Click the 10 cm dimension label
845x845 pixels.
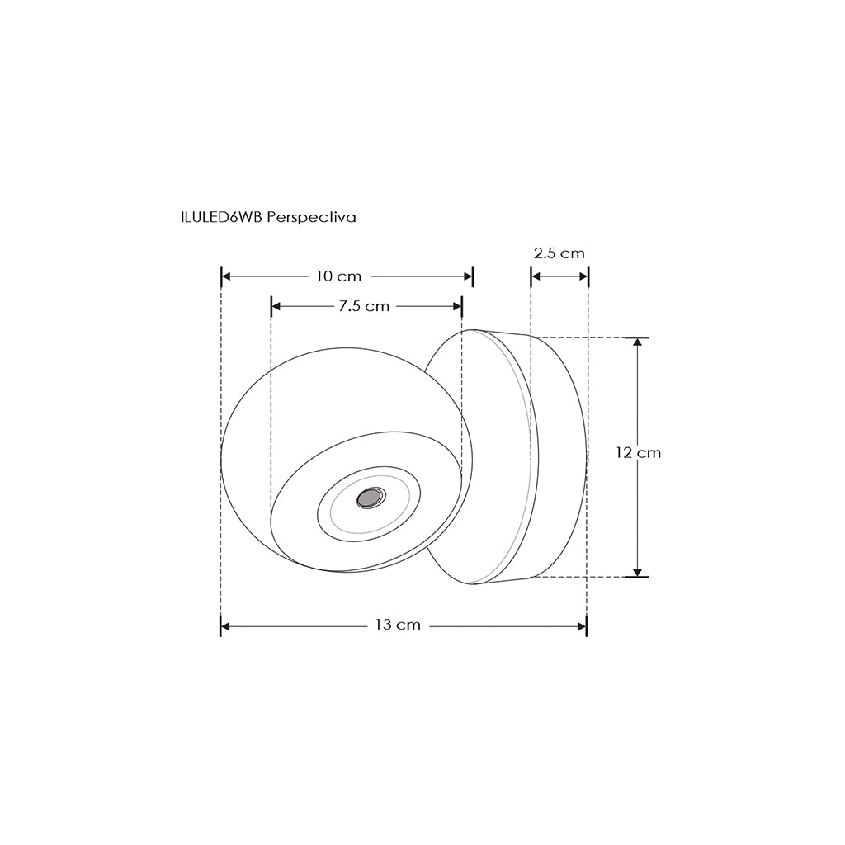[338, 276]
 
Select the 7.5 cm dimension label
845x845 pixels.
[364, 307]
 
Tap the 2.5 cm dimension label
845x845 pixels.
[559, 253]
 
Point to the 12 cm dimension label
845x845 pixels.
[638, 453]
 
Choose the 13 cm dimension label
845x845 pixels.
[398, 625]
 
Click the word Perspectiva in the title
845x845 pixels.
[311, 218]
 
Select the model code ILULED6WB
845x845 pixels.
[222, 218]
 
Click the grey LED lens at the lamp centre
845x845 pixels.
[371, 498]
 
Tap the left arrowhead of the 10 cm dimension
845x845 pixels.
[226, 276]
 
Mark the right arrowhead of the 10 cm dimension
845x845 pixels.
[467, 276]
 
